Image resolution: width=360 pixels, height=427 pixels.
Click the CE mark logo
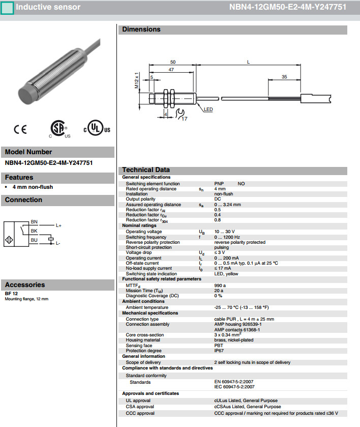pyautogui.click(x=20, y=130)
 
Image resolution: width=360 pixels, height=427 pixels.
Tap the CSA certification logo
pyautogui.click(x=59, y=129)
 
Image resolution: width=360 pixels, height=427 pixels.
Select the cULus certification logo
pyautogui.click(x=97, y=129)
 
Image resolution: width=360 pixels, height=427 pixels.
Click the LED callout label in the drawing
pyautogui.click(x=208, y=109)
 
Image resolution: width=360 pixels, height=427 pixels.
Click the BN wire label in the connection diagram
pyautogui.click(x=34, y=222)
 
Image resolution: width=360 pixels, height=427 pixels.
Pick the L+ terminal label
pyautogui.click(x=58, y=225)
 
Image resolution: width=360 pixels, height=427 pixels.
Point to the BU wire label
pyautogui.click(x=34, y=240)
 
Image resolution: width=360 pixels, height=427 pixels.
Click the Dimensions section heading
pyautogui.click(x=141, y=30)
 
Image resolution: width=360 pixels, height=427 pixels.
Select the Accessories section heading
pyautogui.click(x=24, y=284)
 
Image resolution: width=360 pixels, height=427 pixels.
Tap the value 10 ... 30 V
pyautogui.click(x=225, y=232)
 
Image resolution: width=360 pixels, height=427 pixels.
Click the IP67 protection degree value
pyautogui.click(x=219, y=351)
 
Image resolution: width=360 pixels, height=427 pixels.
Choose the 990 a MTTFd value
pyautogui.click(x=220, y=286)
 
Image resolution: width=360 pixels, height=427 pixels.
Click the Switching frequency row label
pyautogui.click(x=146, y=237)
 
